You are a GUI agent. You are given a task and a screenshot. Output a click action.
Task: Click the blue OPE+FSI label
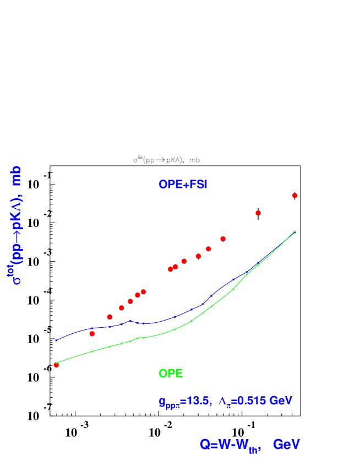[x=182, y=185]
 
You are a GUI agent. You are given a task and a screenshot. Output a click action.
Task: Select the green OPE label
[x=171, y=373]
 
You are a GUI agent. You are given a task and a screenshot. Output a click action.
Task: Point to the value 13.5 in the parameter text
[x=198, y=401]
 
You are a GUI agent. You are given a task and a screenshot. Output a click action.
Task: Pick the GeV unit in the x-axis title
[x=286, y=445]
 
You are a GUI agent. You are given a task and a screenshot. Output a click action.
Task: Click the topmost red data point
[x=294, y=196]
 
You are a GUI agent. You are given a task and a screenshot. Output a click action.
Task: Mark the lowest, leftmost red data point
[x=56, y=365]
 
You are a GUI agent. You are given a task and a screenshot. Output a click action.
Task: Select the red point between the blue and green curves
[x=92, y=334]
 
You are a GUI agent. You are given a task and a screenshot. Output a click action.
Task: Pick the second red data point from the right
[x=258, y=213]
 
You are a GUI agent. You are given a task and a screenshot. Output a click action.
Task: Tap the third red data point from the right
[x=223, y=239]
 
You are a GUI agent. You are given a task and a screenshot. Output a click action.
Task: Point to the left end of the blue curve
[x=56, y=340]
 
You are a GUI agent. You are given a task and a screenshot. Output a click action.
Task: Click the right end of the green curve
[x=294, y=231]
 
